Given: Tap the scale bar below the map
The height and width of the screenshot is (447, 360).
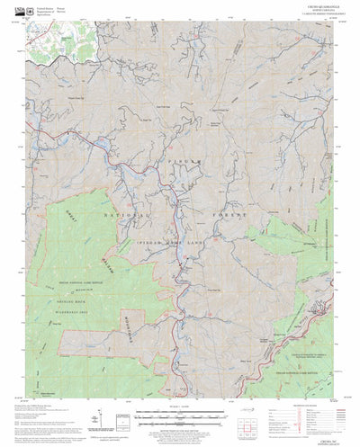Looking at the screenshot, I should point(179,416).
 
